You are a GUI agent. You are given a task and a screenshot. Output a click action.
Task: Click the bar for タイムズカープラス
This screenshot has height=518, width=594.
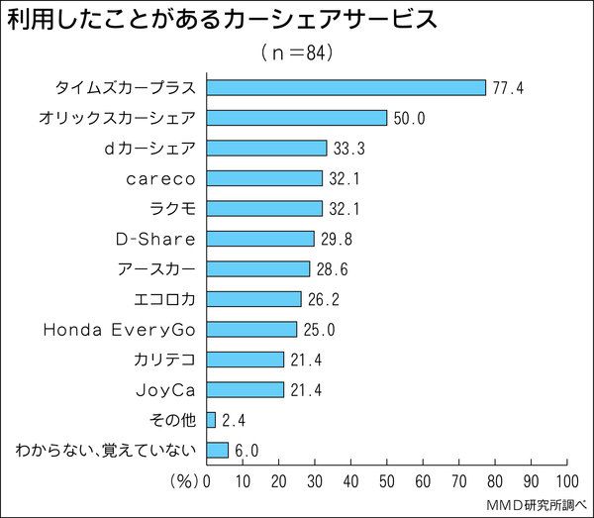[x=346, y=87]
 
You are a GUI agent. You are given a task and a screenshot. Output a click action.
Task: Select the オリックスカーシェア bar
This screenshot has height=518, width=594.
[x=296, y=118]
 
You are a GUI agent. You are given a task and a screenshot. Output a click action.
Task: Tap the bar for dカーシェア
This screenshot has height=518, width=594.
[x=266, y=148]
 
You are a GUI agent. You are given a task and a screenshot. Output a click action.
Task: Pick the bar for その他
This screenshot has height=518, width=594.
[x=211, y=419]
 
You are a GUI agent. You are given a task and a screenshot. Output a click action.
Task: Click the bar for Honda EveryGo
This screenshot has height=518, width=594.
[x=251, y=329]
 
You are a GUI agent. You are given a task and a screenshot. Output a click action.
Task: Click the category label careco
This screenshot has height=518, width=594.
[x=161, y=178]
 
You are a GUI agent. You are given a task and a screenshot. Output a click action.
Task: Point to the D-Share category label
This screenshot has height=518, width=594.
[x=155, y=239]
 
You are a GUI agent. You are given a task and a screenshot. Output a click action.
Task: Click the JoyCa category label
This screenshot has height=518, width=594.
[x=164, y=389]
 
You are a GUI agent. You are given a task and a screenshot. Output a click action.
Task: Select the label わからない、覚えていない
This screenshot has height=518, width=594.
[x=106, y=450]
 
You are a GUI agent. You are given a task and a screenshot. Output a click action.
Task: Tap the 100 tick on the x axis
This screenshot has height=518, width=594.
[x=567, y=482]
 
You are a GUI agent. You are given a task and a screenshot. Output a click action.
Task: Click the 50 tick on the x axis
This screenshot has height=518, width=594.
[x=387, y=482]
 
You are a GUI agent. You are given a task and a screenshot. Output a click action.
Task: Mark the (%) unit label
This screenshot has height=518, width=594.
[x=184, y=482]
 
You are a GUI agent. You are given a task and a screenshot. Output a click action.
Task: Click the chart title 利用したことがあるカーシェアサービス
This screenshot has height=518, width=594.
[x=223, y=20]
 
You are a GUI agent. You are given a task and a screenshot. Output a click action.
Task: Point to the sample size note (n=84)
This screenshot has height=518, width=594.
[x=296, y=52]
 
